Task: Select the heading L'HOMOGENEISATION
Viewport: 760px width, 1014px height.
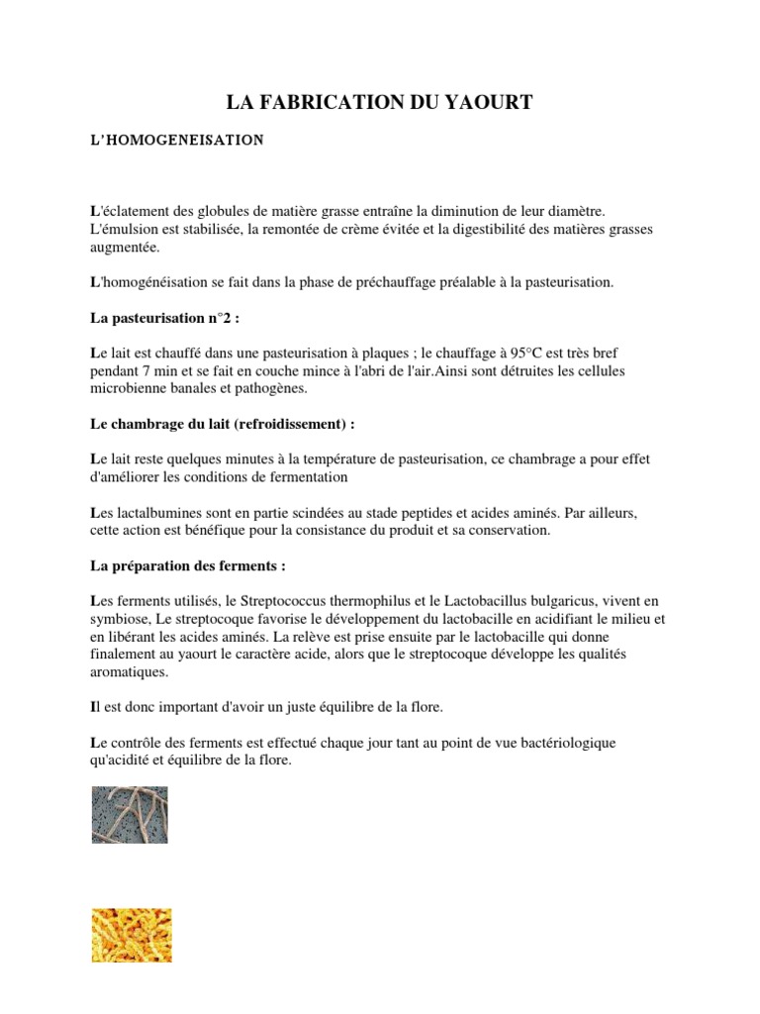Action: tap(176, 141)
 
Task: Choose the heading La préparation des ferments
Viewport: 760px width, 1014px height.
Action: tap(187, 566)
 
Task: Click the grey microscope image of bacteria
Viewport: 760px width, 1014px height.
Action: tap(130, 815)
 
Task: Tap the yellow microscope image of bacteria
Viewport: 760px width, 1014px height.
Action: tap(131, 935)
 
